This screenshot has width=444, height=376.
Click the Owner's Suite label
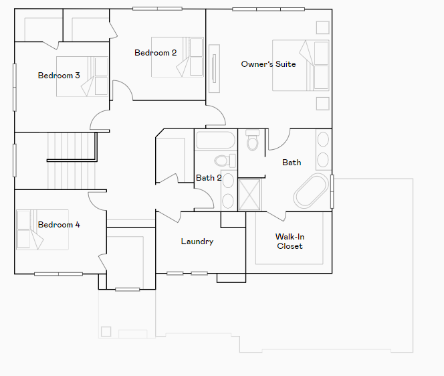tap(268, 64)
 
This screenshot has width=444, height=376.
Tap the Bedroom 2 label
tap(155, 53)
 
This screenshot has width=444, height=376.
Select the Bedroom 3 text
tap(59, 76)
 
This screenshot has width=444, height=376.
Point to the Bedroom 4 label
tap(59, 225)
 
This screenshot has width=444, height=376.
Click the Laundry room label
tap(197, 242)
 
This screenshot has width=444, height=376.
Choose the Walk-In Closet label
tap(290, 242)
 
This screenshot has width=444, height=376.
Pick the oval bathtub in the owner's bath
tap(312, 191)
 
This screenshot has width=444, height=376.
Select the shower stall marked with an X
tap(251, 194)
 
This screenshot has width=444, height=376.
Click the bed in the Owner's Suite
tap(300, 65)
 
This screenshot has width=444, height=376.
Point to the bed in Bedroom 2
tap(177, 57)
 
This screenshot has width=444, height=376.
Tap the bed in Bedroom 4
tap(42, 229)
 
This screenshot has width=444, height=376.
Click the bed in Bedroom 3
tap(82, 76)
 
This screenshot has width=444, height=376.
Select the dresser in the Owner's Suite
tap(214, 68)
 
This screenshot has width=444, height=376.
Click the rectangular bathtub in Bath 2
tap(215, 142)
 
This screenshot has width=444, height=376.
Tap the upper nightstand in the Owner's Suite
tap(322, 27)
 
